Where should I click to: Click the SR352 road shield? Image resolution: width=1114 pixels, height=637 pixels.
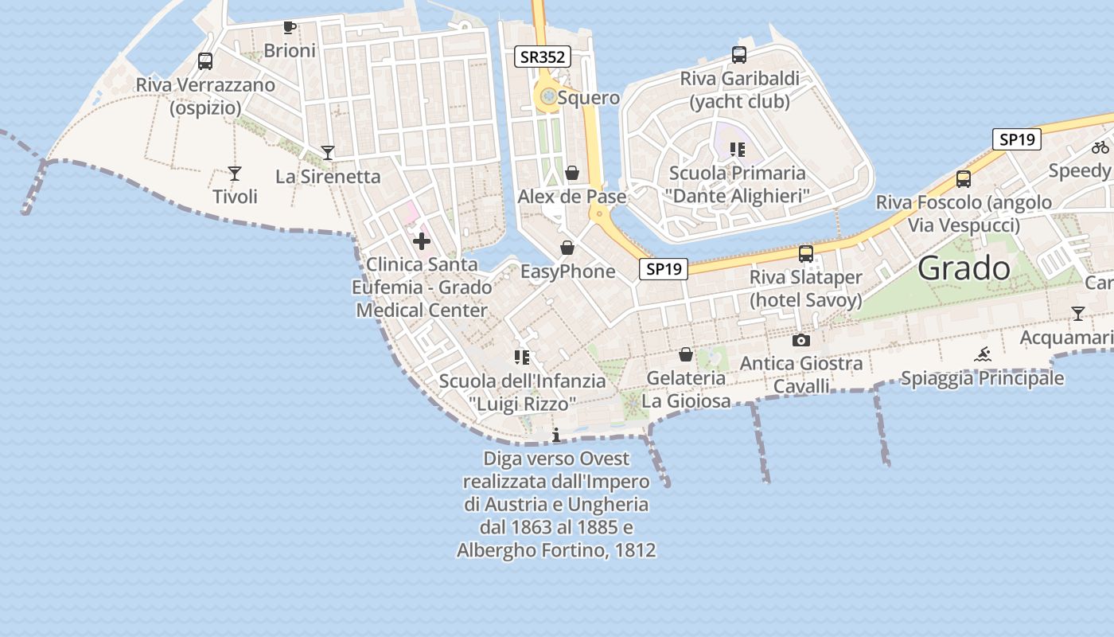[x=543, y=57]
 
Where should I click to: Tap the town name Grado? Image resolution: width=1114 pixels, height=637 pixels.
[x=964, y=268]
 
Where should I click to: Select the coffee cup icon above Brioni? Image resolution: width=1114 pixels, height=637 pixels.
[x=290, y=28]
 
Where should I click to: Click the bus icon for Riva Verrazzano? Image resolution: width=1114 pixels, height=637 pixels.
[x=205, y=61]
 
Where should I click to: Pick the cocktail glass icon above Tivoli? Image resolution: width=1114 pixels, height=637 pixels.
[x=235, y=173]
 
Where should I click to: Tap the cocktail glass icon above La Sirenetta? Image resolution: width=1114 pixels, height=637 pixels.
[x=328, y=153]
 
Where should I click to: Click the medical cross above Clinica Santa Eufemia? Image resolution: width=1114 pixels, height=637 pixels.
[x=422, y=241]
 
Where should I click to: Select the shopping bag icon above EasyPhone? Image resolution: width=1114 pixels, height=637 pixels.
[x=567, y=248]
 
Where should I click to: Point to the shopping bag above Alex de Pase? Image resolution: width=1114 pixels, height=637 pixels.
[x=572, y=173]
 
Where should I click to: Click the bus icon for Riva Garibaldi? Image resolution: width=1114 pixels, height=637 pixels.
[x=739, y=55]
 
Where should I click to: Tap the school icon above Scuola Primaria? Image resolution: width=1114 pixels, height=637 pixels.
[x=737, y=149]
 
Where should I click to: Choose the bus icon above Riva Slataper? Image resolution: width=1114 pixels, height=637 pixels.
[x=806, y=254]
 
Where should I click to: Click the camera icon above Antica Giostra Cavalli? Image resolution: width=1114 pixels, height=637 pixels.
[x=801, y=340]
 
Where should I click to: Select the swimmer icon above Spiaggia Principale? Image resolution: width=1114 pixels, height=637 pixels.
[x=983, y=354]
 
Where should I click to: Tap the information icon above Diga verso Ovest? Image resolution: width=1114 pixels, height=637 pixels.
[x=556, y=435]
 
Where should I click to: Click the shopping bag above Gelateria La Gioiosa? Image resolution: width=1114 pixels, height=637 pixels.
[x=686, y=354]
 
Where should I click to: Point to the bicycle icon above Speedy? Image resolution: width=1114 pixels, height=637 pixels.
[x=1100, y=147]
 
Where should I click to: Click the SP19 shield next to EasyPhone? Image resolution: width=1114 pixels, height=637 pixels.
[x=664, y=269]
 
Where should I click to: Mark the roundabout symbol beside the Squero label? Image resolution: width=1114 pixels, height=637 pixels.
[x=548, y=97]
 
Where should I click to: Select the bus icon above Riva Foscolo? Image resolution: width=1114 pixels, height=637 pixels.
[x=964, y=179]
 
